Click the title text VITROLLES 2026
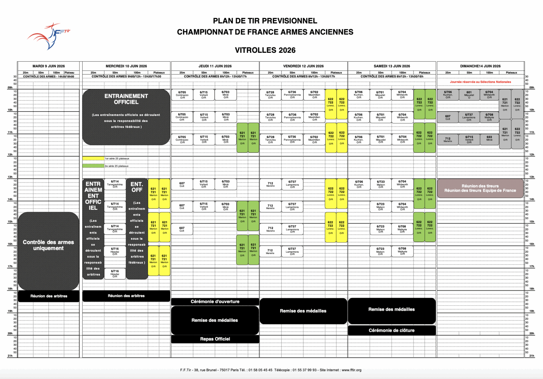point(265,50)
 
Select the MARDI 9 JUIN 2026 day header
point(49,66)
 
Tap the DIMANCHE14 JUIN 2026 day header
point(480,66)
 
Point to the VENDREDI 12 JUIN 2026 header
point(303,66)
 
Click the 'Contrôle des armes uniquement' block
point(48,245)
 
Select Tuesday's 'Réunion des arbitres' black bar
point(49,296)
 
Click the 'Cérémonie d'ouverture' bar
point(215,302)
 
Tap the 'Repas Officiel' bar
point(215,339)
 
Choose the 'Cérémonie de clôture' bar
point(392,330)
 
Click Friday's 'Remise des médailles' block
point(303,311)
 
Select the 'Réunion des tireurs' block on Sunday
point(480,188)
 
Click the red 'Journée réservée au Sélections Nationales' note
point(480,82)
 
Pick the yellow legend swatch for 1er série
point(93,159)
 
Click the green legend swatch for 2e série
point(93,166)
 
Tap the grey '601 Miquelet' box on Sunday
point(469,94)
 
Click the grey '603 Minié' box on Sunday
point(489,139)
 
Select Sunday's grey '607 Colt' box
point(448,117)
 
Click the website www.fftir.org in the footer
point(351,370)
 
